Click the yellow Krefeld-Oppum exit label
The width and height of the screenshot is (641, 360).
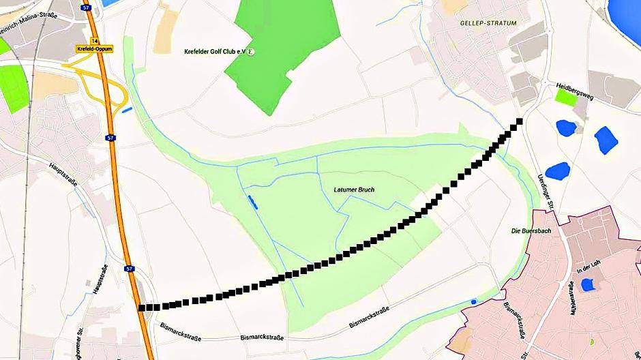coord(94,49)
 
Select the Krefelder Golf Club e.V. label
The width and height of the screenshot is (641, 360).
coord(215,52)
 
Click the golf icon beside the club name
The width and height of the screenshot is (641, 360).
coord(252,52)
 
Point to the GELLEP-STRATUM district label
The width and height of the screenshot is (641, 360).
coord(489,22)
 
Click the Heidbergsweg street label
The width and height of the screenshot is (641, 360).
coord(575,88)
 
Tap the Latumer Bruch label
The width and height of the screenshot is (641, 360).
coord(354,190)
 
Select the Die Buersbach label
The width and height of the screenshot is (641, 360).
coord(531,231)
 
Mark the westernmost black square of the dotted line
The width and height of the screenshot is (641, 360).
coord(142,307)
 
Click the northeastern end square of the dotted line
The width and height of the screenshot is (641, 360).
coord(520,121)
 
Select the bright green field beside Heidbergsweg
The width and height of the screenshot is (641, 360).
coord(565,97)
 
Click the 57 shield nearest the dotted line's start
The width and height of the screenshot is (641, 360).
coord(129,269)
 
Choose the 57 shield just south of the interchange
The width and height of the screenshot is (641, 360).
coord(110,138)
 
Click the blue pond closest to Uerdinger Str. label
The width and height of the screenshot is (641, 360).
coord(557,170)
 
